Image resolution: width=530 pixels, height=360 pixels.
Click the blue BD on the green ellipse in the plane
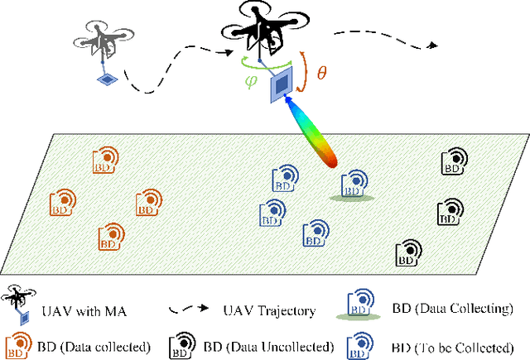[354, 184]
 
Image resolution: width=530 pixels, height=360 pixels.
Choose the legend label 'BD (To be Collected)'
[452, 346]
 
